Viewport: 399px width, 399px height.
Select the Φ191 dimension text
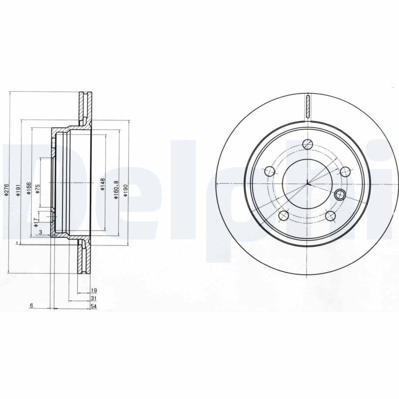[18, 190]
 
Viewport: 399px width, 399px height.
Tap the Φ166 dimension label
[29, 188]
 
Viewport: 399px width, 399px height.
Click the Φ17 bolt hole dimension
[36, 222]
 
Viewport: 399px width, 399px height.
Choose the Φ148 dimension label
[102, 185]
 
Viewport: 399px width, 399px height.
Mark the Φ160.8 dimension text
[115, 190]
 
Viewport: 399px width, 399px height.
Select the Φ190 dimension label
[126, 190]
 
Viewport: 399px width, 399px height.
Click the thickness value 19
[94, 290]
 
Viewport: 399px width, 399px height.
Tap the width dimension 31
[94, 298]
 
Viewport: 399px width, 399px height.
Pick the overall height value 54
[93, 306]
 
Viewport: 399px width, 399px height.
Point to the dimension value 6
[31, 306]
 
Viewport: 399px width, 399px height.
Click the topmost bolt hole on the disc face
[308, 145]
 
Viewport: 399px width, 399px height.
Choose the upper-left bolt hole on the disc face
[270, 172]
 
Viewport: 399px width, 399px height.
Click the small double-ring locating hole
[340, 195]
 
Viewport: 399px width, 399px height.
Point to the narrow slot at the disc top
[308, 107]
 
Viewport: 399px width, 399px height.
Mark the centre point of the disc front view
[308, 184]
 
